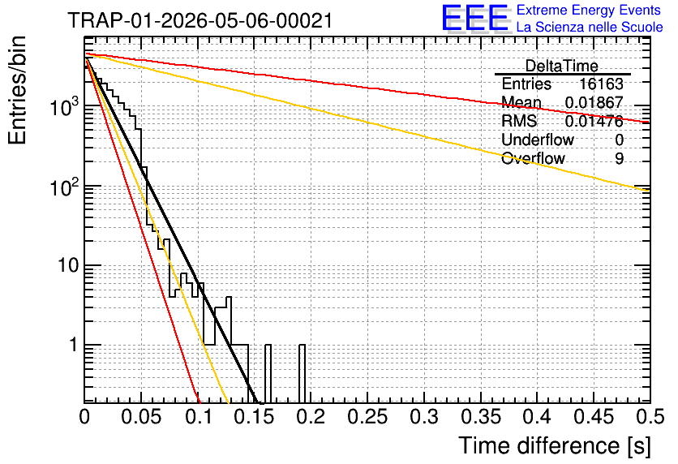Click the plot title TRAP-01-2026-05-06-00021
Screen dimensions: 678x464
tap(200, 20)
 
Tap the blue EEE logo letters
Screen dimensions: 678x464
tap(475, 18)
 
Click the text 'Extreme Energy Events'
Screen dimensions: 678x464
tap(589, 10)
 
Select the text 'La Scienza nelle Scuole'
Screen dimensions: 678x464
tap(590, 27)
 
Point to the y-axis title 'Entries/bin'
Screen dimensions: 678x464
tap(17, 91)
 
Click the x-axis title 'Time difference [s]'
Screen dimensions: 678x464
tap(555, 445)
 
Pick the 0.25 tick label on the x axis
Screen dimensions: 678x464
tap(367, 416)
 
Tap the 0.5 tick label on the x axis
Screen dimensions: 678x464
tap(650, 416)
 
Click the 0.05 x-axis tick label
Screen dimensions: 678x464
tap(141, 416)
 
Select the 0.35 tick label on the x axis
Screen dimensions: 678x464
tap(481, 416)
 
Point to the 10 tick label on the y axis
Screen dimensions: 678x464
tap(69, 264)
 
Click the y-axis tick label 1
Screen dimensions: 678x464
tap(74, 345)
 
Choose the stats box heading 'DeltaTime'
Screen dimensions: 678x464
tap(562, 66)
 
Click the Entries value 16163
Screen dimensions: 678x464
tap(601, 84)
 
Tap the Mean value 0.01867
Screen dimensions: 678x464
tap(594, 102)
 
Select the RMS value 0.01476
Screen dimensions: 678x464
tap(594, 121)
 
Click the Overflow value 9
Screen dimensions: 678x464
tap(619, 158)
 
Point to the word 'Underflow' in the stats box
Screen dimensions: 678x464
tap(538, 140)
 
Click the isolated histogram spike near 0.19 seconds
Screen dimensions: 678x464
tap(302, 374)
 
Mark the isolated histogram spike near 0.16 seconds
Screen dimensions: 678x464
tap(268, 374)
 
